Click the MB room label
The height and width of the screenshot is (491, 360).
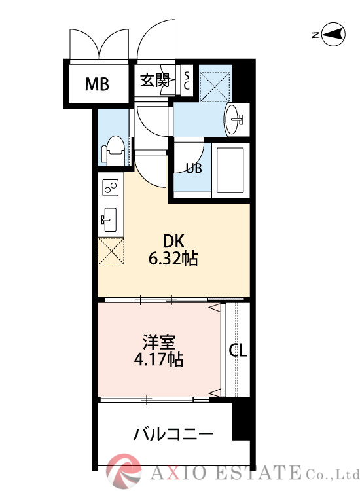tap(97, 84)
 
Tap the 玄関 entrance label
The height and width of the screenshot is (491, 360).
tap(155, 81)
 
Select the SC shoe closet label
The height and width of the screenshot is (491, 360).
tap(186, 81)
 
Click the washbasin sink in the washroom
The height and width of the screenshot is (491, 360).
tap(235, 120)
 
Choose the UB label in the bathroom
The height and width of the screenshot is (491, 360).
tap(193, 168)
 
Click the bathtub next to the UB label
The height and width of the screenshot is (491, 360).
tap(229, 170)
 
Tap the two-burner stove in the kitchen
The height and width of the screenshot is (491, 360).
tap(109, 189)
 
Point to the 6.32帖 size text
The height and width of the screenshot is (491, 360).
tap(173, 259)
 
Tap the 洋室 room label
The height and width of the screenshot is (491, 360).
tap(159, 342)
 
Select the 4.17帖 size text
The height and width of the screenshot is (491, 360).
tap(159, 359)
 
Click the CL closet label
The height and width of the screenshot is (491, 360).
tap(238, 351)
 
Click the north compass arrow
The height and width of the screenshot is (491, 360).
tap(333, 35)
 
